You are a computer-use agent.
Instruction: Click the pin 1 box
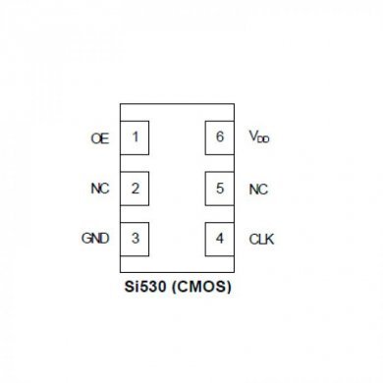pos(135,137)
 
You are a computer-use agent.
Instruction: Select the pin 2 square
pos(135,188)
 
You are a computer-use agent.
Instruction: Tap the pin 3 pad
pos(135,238)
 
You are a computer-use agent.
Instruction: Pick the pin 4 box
pos(219,238)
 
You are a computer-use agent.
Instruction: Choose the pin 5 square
pos(219,188)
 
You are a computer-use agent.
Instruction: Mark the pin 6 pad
pos(219,137)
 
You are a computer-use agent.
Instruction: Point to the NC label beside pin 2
pos(99,189)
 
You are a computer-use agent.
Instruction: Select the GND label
pos(95,239)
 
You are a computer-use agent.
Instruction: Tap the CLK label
pos(261,239)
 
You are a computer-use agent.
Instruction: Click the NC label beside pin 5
pos(258,189)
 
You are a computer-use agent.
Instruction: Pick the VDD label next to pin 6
pos(259,137)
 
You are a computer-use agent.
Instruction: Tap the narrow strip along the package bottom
pos(177,264)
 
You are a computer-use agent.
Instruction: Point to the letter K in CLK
pos(270,239)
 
